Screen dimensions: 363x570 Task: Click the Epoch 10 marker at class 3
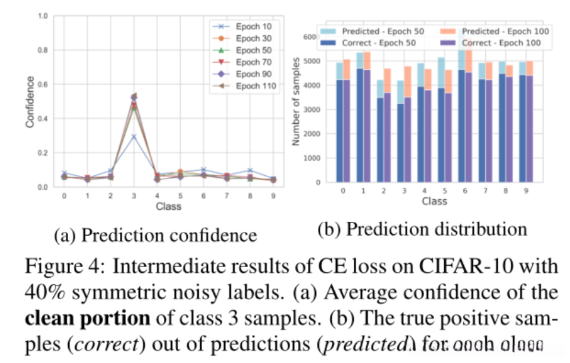133,137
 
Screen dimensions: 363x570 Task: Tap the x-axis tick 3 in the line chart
133,196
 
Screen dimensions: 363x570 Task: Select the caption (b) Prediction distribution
422,230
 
